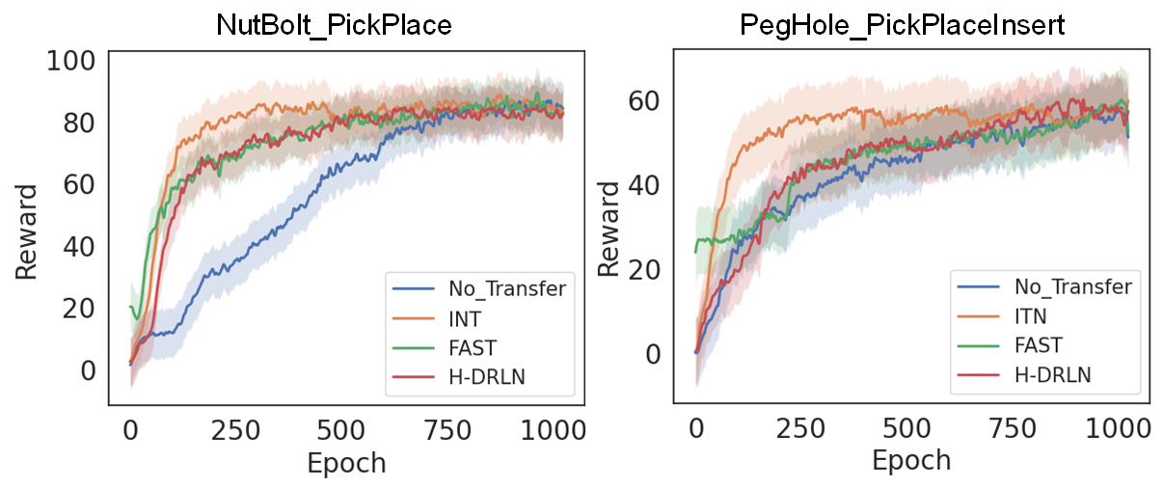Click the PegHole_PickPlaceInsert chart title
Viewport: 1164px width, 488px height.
point(902,25)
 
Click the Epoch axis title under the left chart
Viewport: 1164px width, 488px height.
point(346,463)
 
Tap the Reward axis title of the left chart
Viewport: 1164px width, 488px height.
point(27,229)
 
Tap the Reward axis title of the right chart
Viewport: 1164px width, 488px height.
point(608,229)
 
